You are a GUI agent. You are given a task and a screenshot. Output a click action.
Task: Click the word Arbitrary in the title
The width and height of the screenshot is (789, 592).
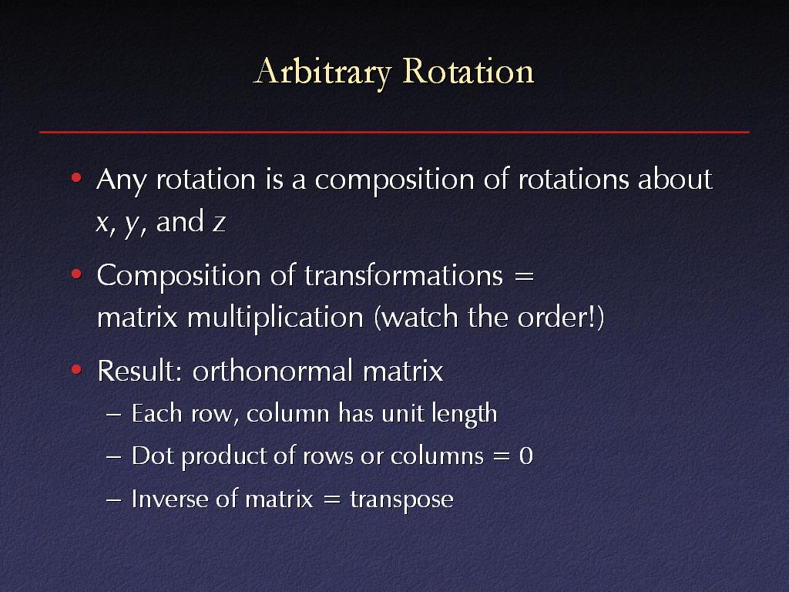click(x=323, y=72)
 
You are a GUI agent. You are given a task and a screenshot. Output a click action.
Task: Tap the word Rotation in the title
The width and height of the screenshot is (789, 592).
click(x=468, y=70)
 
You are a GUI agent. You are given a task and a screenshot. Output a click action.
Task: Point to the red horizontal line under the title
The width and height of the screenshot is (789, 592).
click(x=394, y=132)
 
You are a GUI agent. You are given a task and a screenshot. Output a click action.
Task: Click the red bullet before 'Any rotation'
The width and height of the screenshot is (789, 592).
click(x=76, y=178)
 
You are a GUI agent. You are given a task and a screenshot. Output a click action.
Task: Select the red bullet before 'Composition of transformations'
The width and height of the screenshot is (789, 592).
click(x=76, y=274)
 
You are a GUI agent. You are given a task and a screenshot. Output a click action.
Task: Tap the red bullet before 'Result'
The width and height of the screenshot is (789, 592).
click(x=76, y=370)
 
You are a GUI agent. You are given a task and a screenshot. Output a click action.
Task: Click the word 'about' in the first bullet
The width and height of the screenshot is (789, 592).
click(x=675, y=178)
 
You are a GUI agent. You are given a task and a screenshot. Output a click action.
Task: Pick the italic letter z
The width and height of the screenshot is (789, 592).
click(x=219, y=223)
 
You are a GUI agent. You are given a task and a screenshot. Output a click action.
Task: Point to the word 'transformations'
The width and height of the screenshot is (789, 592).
click(x=404, y=275)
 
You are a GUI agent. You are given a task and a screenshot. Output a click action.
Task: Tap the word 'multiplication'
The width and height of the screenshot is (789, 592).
click(x=275, y=318)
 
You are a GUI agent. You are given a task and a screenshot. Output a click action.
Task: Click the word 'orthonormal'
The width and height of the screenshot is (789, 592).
click(x=272, y=371)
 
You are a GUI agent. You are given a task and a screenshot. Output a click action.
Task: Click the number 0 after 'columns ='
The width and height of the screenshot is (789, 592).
click(x=525, y=456)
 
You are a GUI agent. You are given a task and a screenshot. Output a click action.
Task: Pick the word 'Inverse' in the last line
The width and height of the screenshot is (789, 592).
click(x=169, y=499)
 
